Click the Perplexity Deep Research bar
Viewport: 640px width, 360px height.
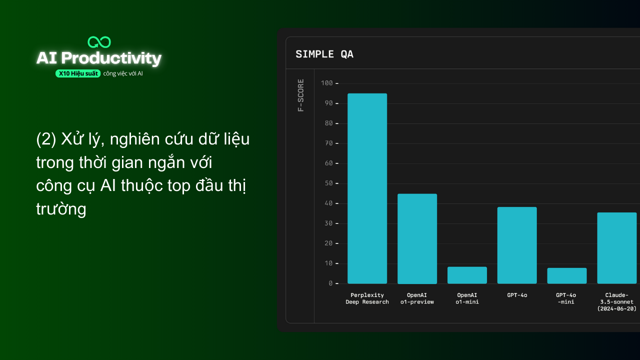[367, 188]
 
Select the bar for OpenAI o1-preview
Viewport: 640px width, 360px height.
[417, 238]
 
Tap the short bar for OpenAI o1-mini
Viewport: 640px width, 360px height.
[467, 275]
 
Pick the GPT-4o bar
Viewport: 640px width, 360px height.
[517, 245]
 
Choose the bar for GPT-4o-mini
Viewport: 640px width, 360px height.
[567, 275]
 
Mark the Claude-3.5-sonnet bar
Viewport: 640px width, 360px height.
[617, 248]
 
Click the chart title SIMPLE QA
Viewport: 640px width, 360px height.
[324, 54]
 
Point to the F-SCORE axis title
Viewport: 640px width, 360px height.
[300, 95]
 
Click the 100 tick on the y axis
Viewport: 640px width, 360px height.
[327, 83]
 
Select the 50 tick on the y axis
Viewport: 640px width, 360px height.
[328, 183]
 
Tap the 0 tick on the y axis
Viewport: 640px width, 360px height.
[330, 283]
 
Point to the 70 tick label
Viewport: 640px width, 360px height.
[328, 143]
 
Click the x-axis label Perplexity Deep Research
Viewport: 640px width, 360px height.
[367, 298]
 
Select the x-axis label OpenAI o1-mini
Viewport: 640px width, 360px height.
[467, 298]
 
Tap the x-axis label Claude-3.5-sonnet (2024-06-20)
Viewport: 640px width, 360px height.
[617, 302]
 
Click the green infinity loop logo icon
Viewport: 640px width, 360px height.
[99, 42]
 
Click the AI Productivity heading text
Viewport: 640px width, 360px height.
[99, 58]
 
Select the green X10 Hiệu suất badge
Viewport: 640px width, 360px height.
[78, 73]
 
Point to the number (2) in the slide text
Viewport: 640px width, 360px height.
[46, 139]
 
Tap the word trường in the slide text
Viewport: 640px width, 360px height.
[61, 208]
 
